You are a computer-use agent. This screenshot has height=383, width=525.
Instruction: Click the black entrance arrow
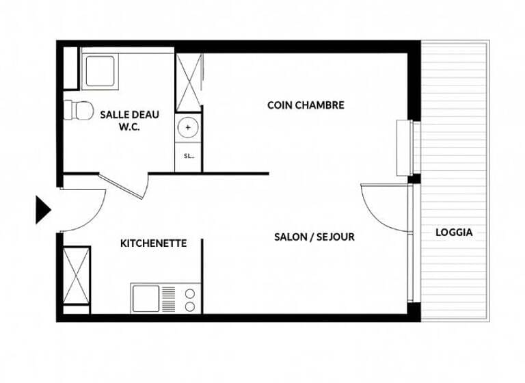click(x=43, y=210)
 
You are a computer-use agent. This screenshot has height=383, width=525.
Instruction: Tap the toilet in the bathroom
click(x=78, y=109)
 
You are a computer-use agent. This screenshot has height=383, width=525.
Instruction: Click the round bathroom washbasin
click(x=188, y=128)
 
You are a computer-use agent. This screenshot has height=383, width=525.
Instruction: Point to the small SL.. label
click(x=189, y=156)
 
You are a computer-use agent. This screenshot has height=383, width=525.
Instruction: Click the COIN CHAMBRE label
click(x=306, y=105)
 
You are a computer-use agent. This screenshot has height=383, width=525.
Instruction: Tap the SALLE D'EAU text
click(x=129, y=114)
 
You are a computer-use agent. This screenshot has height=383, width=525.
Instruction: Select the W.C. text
click(x=129, y=127)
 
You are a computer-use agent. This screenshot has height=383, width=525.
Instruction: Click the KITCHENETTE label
click(x=153, y=243)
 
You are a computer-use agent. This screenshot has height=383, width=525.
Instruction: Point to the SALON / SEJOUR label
click(x=314, y=237)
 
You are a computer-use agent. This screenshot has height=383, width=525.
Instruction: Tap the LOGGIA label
click(x=454, y=233)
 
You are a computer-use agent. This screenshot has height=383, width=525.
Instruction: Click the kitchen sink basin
click(x=146, y=298)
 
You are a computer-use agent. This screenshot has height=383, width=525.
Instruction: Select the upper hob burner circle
click(x=189, y=293)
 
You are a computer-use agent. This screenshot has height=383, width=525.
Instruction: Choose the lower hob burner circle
click(x=189, y=305)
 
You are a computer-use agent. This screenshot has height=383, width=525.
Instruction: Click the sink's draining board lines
click(x=168, y=299)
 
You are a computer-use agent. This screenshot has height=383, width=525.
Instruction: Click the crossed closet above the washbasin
click(x=189, y=82)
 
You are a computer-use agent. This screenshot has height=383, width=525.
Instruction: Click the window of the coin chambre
click(x=404, y=148)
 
